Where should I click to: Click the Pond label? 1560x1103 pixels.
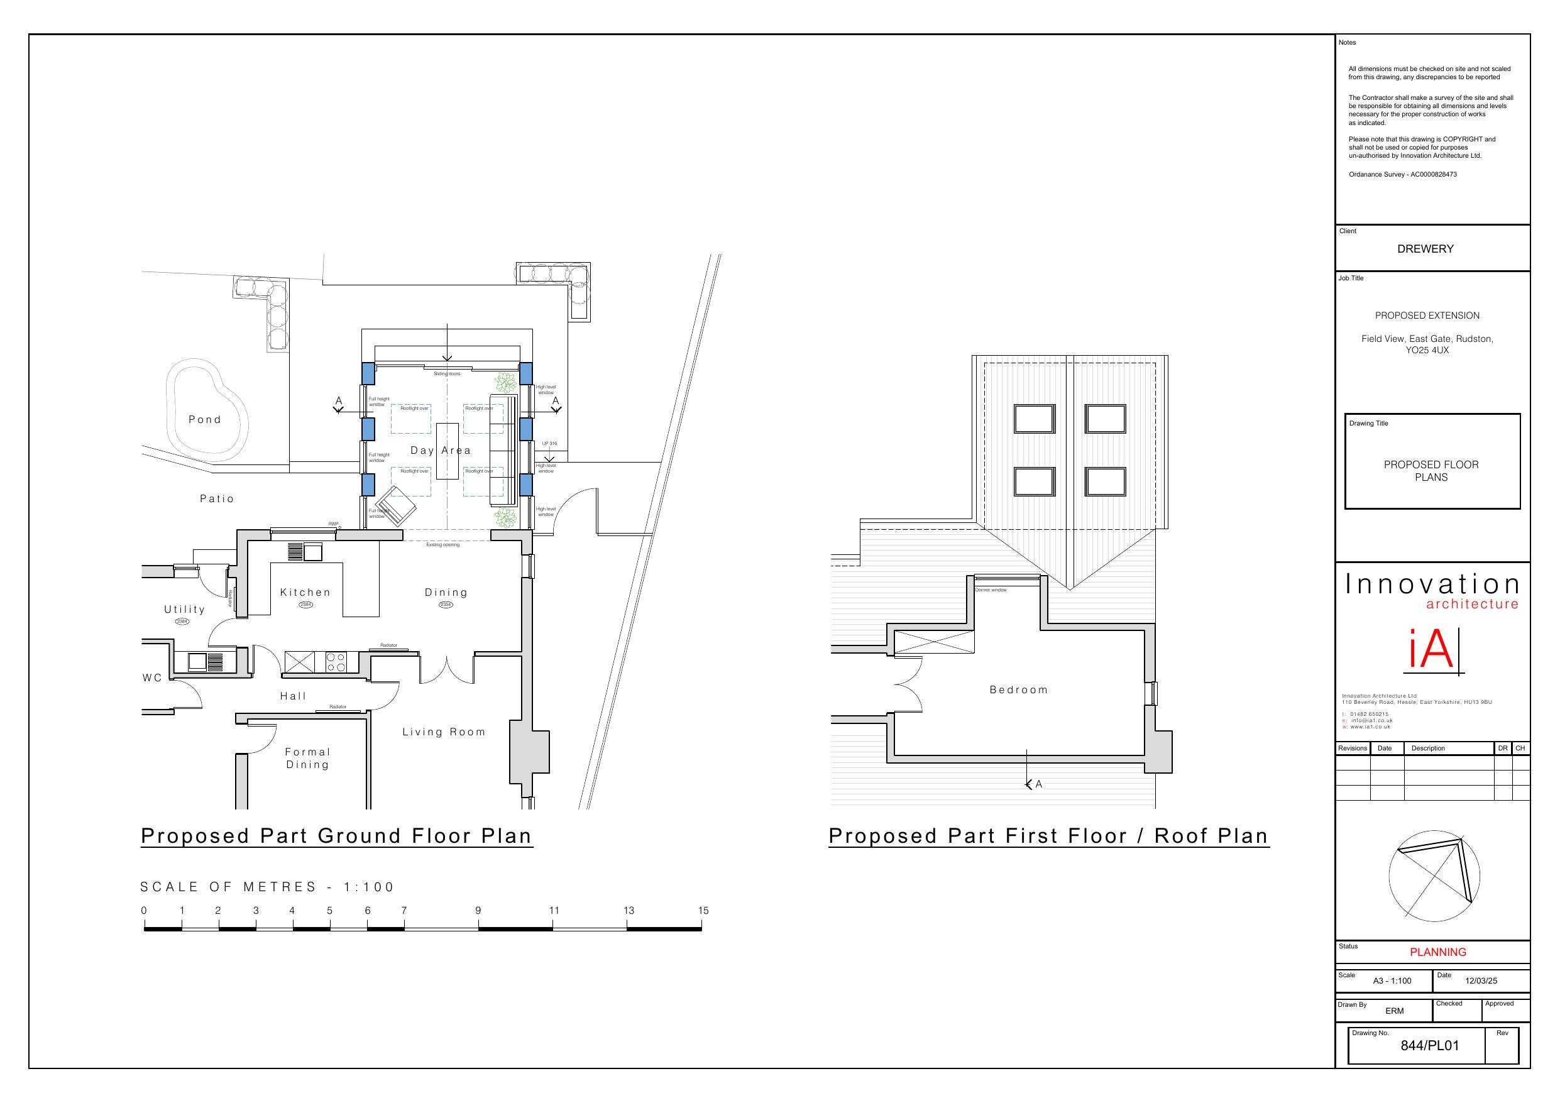[204, 420]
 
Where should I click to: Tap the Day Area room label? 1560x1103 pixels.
[440, 451]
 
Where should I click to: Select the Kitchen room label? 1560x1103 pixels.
[305, 593]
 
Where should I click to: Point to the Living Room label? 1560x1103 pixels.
[444, 732]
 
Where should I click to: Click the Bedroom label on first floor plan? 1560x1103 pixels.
[1018, 690]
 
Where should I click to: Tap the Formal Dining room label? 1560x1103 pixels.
[307, 759]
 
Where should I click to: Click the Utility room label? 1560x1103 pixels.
[184, 610]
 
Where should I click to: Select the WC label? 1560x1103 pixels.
[152, 678]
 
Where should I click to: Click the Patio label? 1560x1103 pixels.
[217, 499]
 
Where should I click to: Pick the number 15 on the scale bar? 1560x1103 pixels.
[703, 911]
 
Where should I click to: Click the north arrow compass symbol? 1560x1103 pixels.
[1434, 877]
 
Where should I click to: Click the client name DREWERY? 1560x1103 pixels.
[1425, 249]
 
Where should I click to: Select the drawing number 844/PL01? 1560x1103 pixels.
[1429, 1046]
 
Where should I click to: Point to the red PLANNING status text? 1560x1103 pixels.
[1437, 952]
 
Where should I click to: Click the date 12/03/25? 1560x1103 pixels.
[1481, 980]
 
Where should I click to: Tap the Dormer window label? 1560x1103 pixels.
[991, 590]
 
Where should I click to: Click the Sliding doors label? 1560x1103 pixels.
[447, 374]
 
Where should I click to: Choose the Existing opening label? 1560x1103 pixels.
[442, 545]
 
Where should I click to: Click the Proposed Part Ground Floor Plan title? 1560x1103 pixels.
[336, 836]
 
